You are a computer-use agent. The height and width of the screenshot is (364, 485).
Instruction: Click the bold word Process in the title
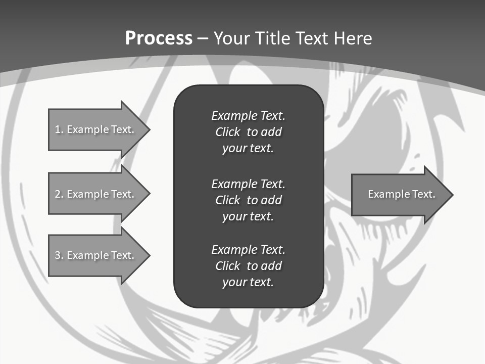point(159,38)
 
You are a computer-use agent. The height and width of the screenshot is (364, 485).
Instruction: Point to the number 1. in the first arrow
point(59,129)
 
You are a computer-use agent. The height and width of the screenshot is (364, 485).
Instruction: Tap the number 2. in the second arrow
point(59,194)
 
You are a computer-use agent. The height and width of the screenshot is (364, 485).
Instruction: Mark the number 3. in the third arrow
point(59,255)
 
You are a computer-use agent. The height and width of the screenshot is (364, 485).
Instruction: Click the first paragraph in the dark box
point(248,132)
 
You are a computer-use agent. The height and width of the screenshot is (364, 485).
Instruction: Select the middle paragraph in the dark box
point(248,200)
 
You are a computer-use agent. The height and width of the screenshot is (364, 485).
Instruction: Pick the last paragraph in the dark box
point(248,266)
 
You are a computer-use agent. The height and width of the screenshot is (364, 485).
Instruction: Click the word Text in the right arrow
point(424,194)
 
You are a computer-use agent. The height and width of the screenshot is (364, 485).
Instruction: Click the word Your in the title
point(232,38)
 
